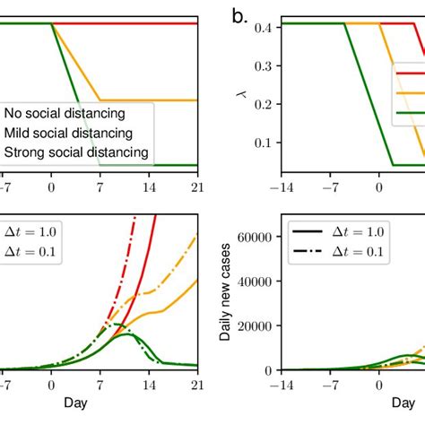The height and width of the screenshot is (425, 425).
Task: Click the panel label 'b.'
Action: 239,17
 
